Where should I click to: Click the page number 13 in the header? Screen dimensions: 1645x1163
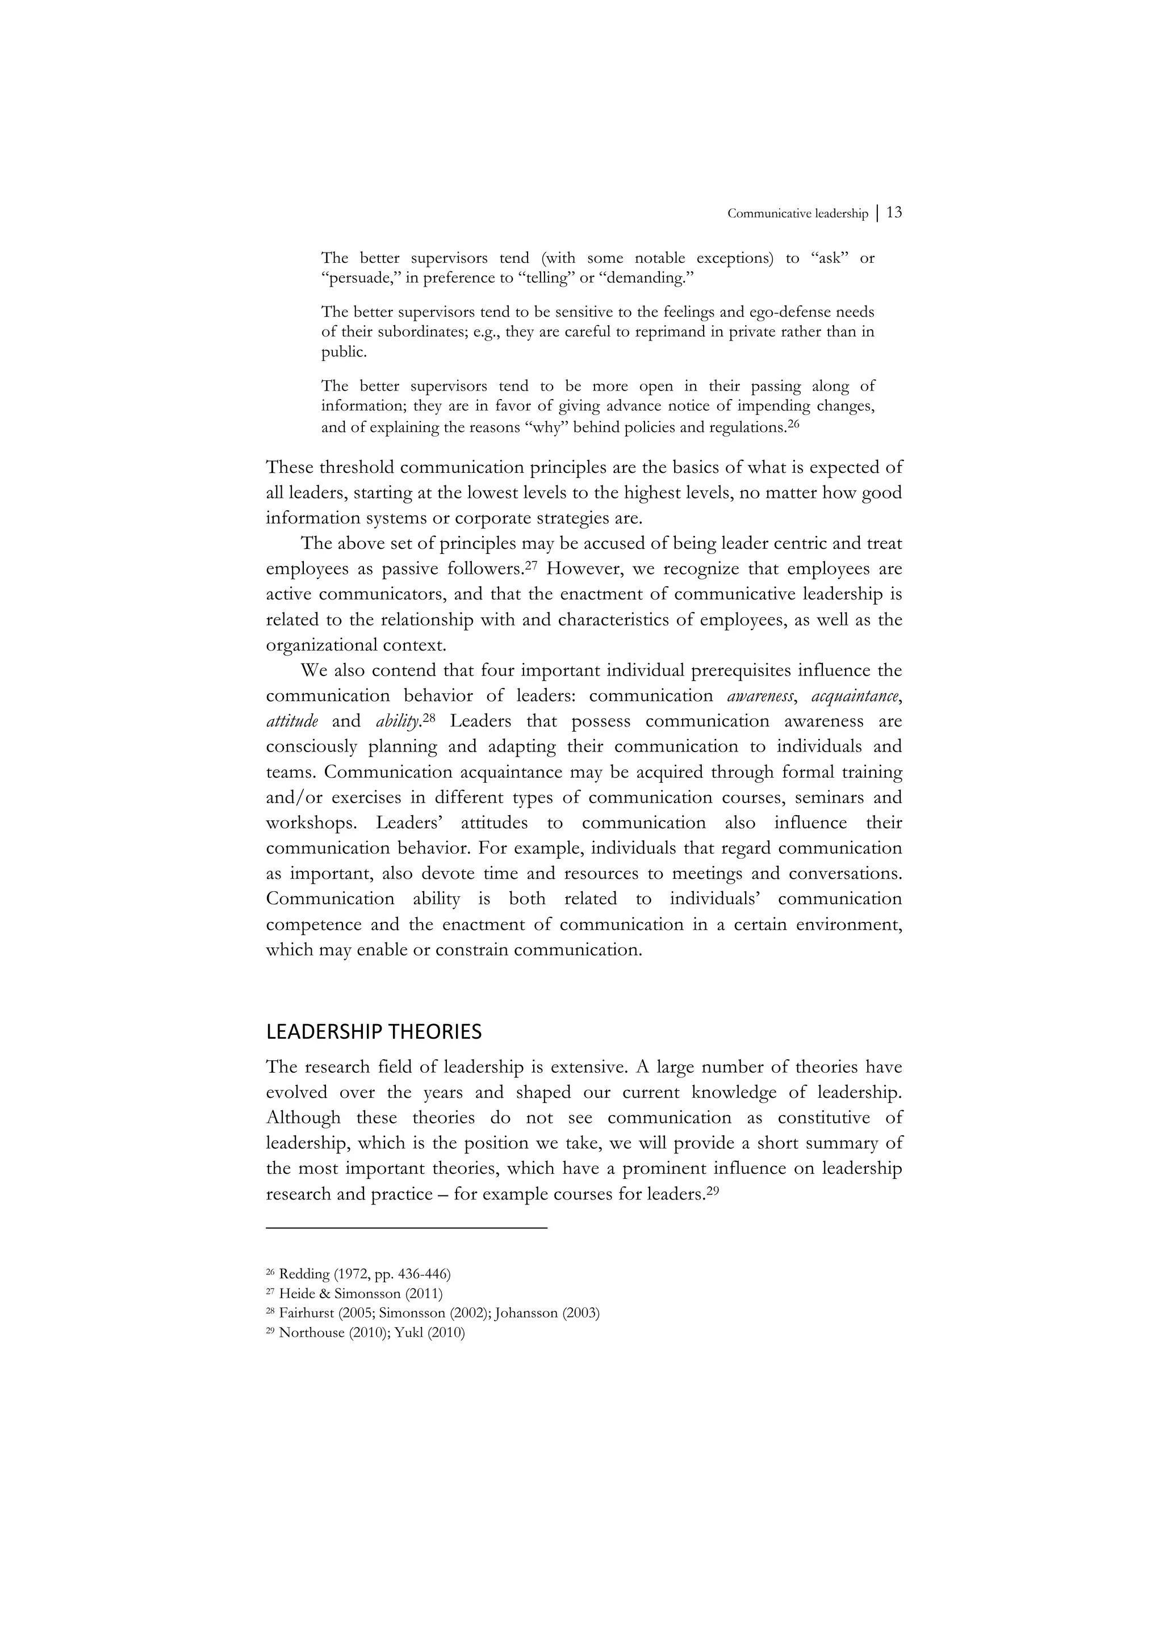894,213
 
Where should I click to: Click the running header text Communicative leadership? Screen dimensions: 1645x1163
797,213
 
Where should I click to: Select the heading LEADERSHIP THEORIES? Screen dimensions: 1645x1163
373,1032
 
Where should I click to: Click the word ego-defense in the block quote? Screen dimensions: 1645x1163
782,312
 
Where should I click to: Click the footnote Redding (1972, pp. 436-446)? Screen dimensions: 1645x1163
364,1274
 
